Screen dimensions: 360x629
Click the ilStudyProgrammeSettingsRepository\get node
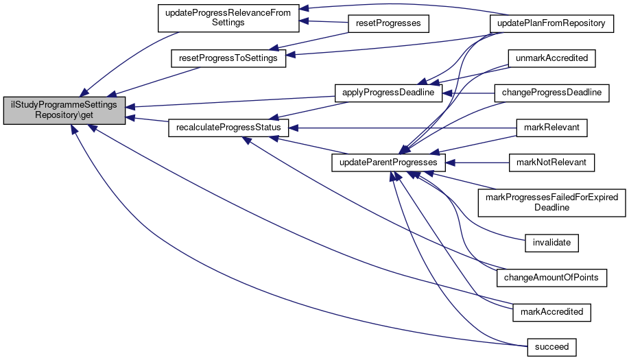coord(64,110)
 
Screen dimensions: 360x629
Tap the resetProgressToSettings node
coord(228,58)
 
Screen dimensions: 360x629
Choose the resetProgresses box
coord(389,23)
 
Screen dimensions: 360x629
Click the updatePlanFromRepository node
coord(551,23)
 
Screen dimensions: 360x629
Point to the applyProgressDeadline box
coord(388,92)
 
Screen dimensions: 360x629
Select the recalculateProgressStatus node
coord(228,128)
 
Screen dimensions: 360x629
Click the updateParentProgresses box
coord(389,163)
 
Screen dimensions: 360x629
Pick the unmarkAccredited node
coord(551,58)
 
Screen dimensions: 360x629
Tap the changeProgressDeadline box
coord(551,92)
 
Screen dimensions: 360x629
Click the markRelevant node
coord(551,128)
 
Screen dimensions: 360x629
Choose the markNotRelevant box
coord(551,163)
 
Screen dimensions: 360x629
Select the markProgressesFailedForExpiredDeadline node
coord(551,202)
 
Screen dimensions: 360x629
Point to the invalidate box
coord(551,242)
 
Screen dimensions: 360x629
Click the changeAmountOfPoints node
coord(551,277)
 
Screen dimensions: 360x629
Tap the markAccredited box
coord(551,312)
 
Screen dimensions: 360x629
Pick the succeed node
coord(551,346)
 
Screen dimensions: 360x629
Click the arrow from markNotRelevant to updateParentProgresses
coord(478,163)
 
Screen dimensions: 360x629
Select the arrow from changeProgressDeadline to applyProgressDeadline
coord(469,92)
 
